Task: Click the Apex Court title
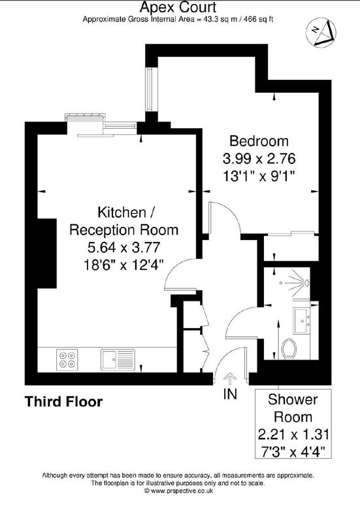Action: (178, 7)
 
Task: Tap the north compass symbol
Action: (321, 33)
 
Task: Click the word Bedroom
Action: (259, 141)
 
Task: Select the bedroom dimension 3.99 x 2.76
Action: (259, 159)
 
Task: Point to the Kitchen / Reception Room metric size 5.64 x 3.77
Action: (123, 248)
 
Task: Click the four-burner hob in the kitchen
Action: (67, 360)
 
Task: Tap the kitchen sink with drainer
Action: (118, 360)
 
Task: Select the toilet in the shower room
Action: (289, 348)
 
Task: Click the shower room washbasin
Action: (302, 320)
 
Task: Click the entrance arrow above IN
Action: (230, 379)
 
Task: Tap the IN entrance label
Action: (230, 394)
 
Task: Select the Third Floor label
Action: (63, 401)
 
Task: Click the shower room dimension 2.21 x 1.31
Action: (293, 435)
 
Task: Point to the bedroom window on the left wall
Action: (150, 90)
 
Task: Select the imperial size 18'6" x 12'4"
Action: (123, 265)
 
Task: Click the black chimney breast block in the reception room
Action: (46, 254)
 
